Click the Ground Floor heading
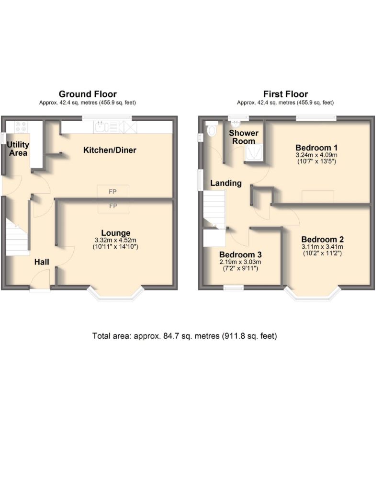click(88, 94)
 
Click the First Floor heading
click(285, 94)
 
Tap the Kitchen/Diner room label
click(110, 150)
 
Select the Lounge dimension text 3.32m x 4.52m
click(115, 240)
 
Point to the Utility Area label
click(18, 149)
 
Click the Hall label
click(42, 262)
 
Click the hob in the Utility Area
click(21, 127)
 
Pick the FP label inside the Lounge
click(113, 206)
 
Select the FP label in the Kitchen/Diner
click(113, 192)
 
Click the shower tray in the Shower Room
click(253, 152)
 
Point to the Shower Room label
click(244, 137)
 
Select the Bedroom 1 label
click(316, 148)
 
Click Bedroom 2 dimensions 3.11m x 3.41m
click(322, 247)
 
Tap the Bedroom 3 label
click(240, 254)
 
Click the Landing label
click(226, 183)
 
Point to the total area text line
click(185, 336)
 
